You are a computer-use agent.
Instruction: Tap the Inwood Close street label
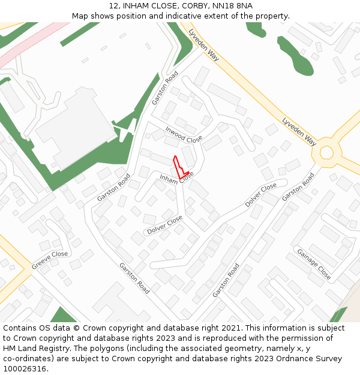pyautogui.click(x=184, y=135)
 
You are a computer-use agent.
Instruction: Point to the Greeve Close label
pyautogui.click(x=50, y=257)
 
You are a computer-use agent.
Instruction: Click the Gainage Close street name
pyautogui.click(x=314, y=264)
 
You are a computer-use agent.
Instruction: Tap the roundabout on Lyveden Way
pyautogui.click(x=326, y=152)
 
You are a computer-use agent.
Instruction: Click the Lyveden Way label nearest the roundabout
pyautogui.click(x=299, y=131)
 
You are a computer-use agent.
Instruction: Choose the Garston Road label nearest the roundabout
pyautogui.click(x=298, y=187)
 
